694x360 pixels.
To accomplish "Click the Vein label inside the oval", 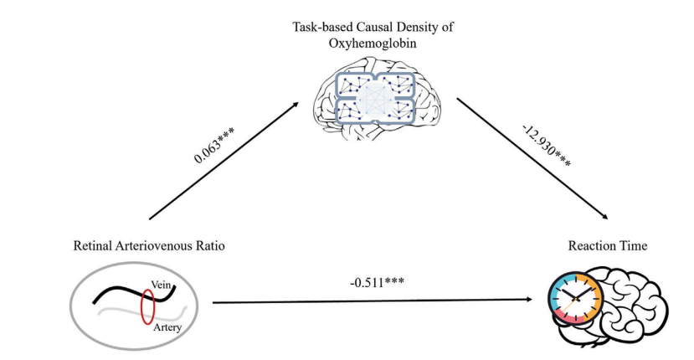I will point(162,284).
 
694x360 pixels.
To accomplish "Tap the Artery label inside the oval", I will point(167,327).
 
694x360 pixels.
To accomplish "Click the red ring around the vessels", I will point(148,306).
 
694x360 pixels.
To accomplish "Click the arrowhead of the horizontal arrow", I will point(532,299).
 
